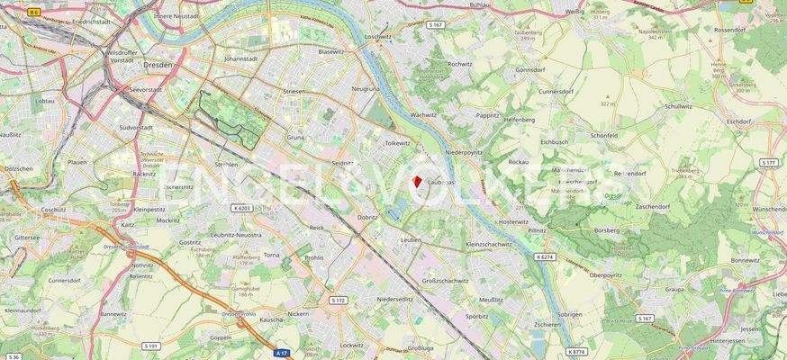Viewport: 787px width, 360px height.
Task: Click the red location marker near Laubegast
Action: coord(417,182)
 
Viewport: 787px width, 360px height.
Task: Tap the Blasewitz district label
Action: coord(330,51)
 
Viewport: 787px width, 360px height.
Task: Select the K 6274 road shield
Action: coord(545,257)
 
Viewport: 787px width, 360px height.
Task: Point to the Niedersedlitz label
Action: coord(395,299)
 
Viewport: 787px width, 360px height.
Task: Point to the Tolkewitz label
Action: coord(397,142)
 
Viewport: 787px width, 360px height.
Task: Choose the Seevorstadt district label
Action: coord(145,89)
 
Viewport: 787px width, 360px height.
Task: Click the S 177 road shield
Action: coord(768,163)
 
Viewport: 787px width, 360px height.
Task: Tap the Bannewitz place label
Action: coord(113,314)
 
